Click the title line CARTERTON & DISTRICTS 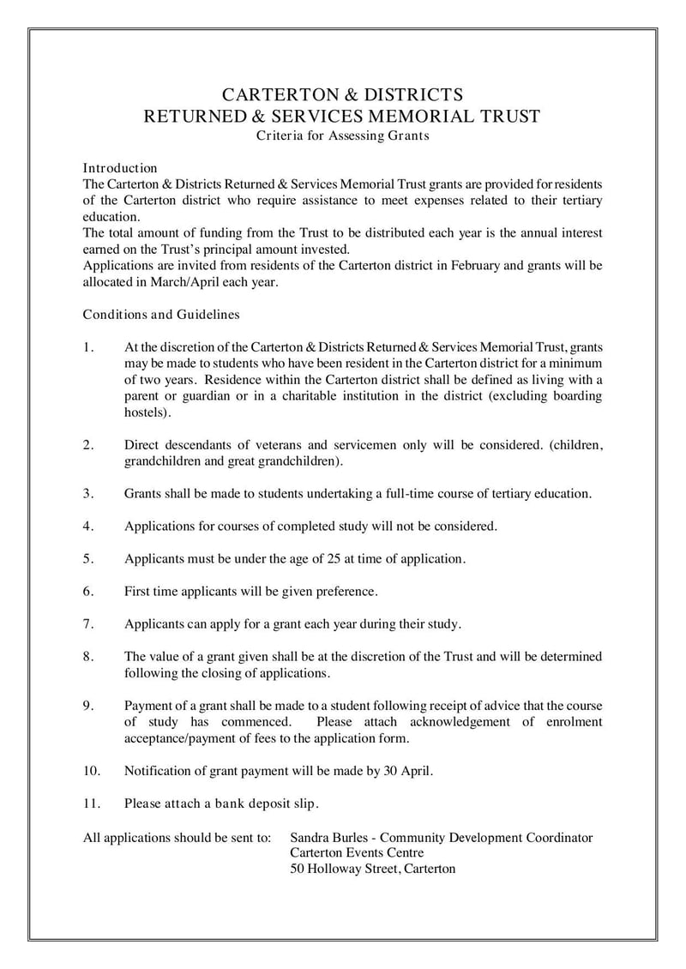click(342, 94)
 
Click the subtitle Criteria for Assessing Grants click(342, 135)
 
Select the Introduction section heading click(119, 168)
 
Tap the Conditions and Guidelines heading click(160, 315)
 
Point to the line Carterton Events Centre click(357, 852)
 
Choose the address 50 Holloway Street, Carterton click(373, 869)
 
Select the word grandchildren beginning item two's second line click(162, 461)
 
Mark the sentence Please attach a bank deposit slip click(221, 803)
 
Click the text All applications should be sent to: click(177, 837)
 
